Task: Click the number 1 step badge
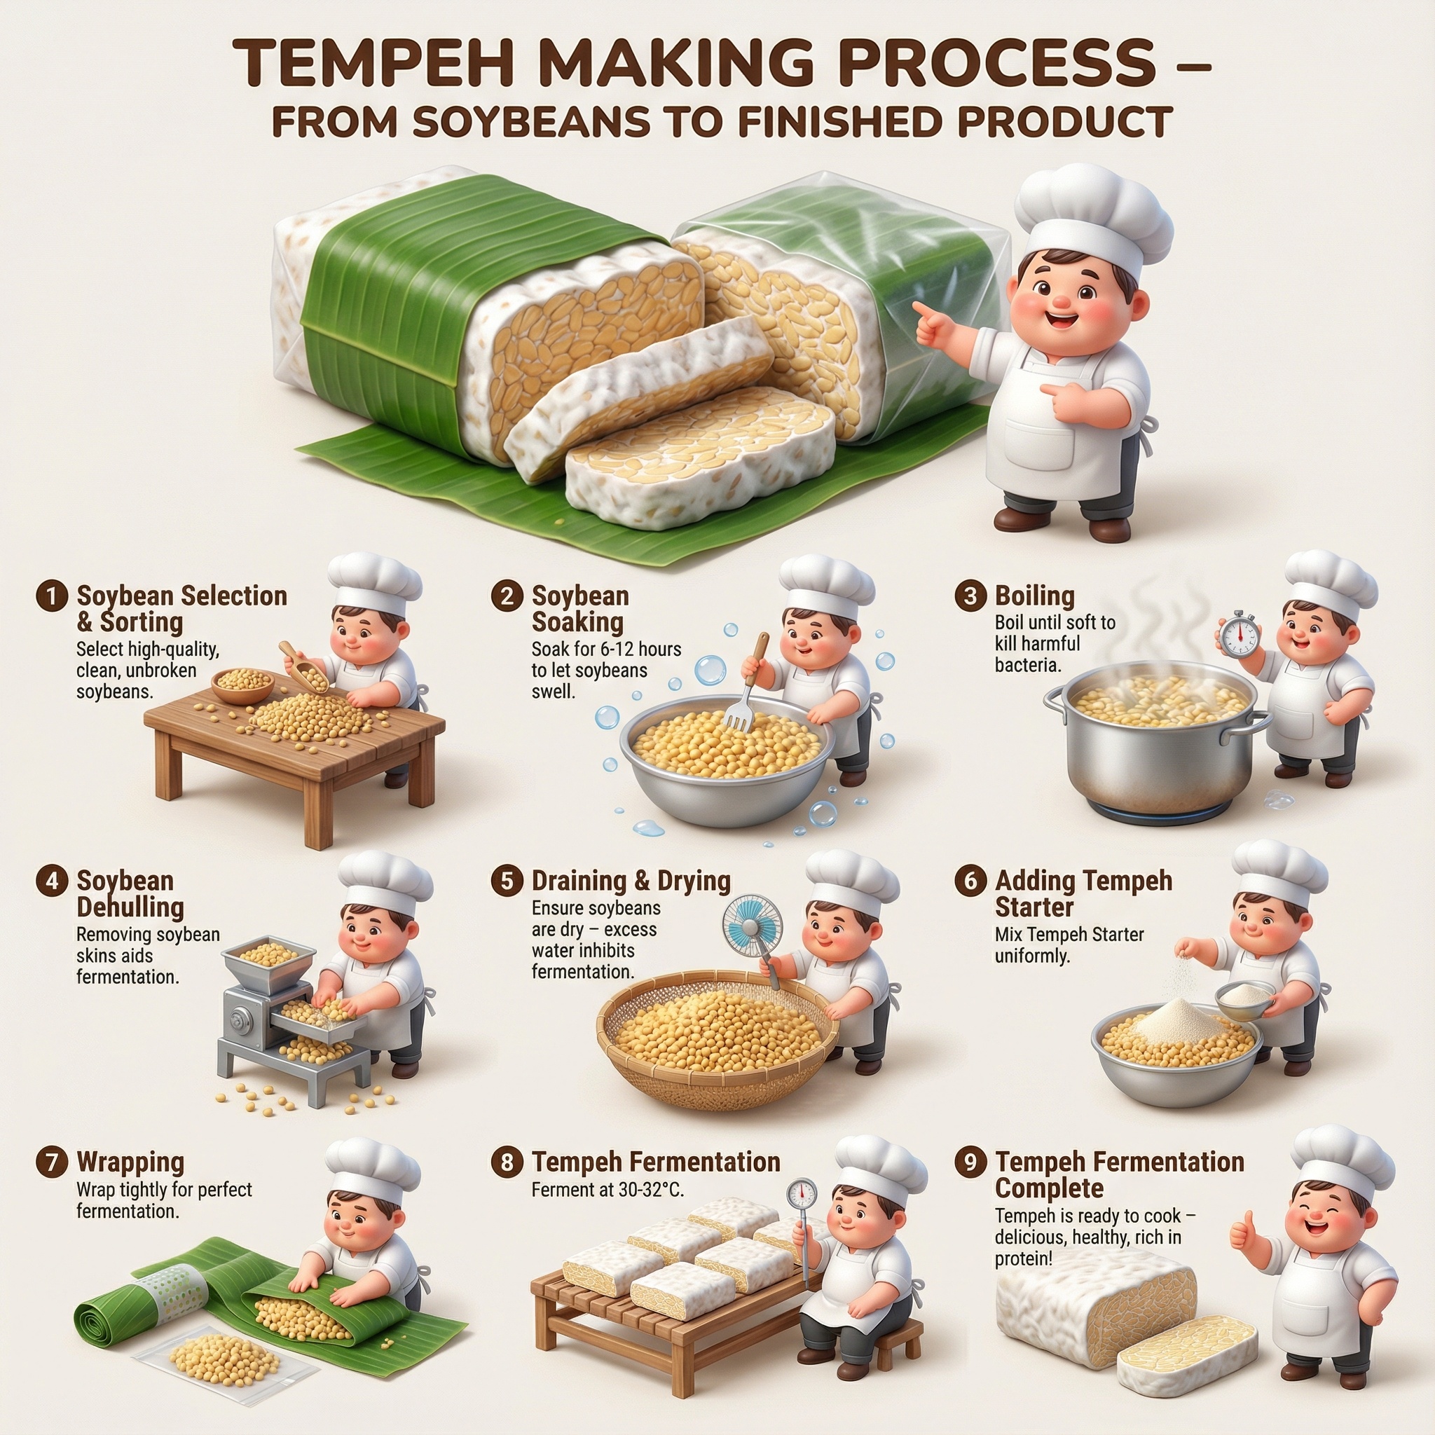51,596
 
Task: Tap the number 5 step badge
507,881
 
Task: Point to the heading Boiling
1035,596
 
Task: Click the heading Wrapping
130,1162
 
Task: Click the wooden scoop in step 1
302,665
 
